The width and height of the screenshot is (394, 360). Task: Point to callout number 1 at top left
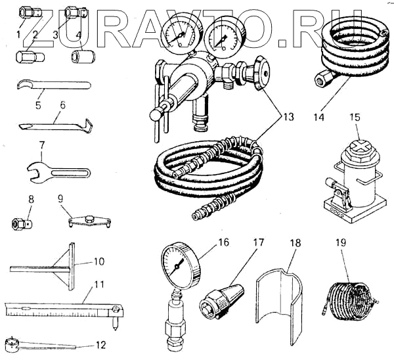pyautogui.click(x=20, y=33)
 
